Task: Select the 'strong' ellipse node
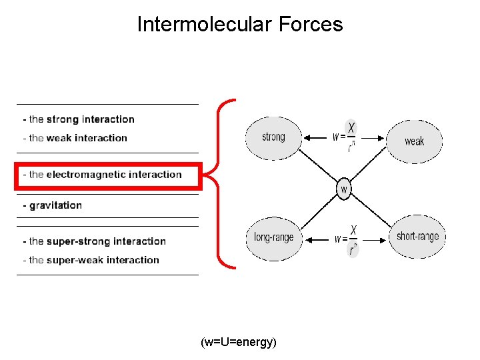(273, 138)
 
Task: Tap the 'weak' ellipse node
(414, 141)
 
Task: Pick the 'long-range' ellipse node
(273, 237)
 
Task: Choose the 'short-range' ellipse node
(417, 237)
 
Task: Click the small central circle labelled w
(344, 189)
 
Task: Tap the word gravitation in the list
(55, 205)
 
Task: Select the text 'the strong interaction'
(82, 119)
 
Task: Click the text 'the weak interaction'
(78, 138)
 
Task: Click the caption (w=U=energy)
(239, 342)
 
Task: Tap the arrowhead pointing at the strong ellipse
(307, 138)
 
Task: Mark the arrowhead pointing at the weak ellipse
(383, 138)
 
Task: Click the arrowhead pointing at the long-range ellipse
(307, 238)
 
